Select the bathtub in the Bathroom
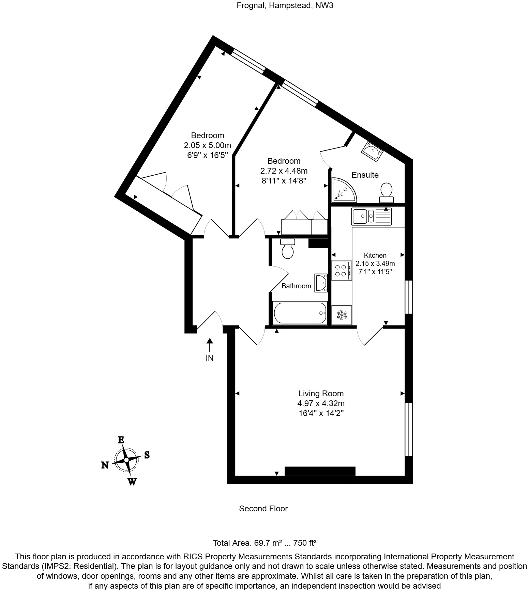coord(300,313)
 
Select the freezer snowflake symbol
coord(342,315)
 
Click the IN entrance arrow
coord(210,345)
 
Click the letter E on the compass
coord(121,440)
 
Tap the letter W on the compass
coord(132,482)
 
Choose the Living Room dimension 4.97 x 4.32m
coord(321,403)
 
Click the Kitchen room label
coord(375,255)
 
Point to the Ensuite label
coord(365,175)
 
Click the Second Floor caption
coord(263,508)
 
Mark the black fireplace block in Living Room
coord(320,471)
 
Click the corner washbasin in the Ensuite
coord(372,150)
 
